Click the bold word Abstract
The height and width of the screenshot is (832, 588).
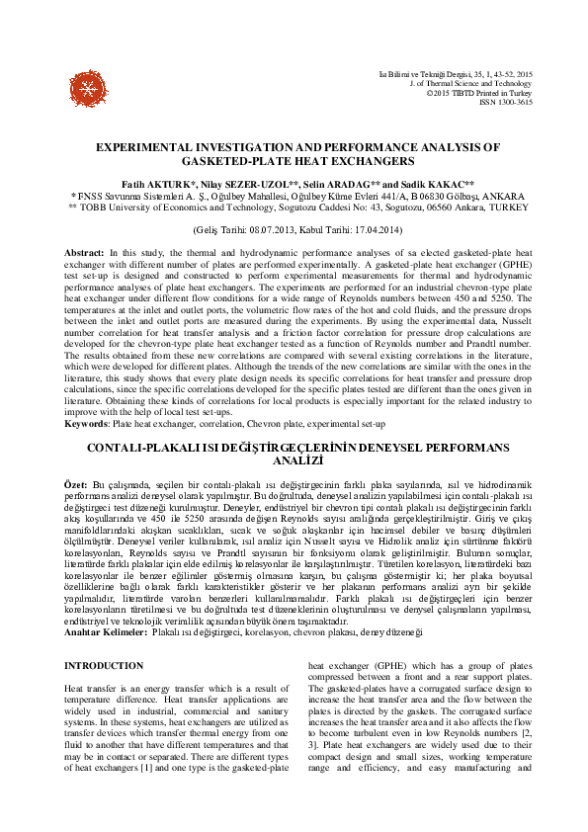point(83,253)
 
